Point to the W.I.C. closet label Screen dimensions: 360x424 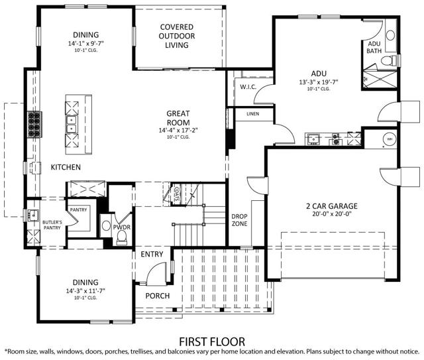(249, 86)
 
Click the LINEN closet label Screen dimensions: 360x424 (252, 114)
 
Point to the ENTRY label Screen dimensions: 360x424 (152, 254)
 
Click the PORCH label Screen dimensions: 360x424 (157, 296)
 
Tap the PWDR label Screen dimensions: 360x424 (121, 227)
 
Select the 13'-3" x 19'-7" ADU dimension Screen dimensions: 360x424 (319, 83)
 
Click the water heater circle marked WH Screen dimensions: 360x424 (389, 139)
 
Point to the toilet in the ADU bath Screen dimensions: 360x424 (393, 61)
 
